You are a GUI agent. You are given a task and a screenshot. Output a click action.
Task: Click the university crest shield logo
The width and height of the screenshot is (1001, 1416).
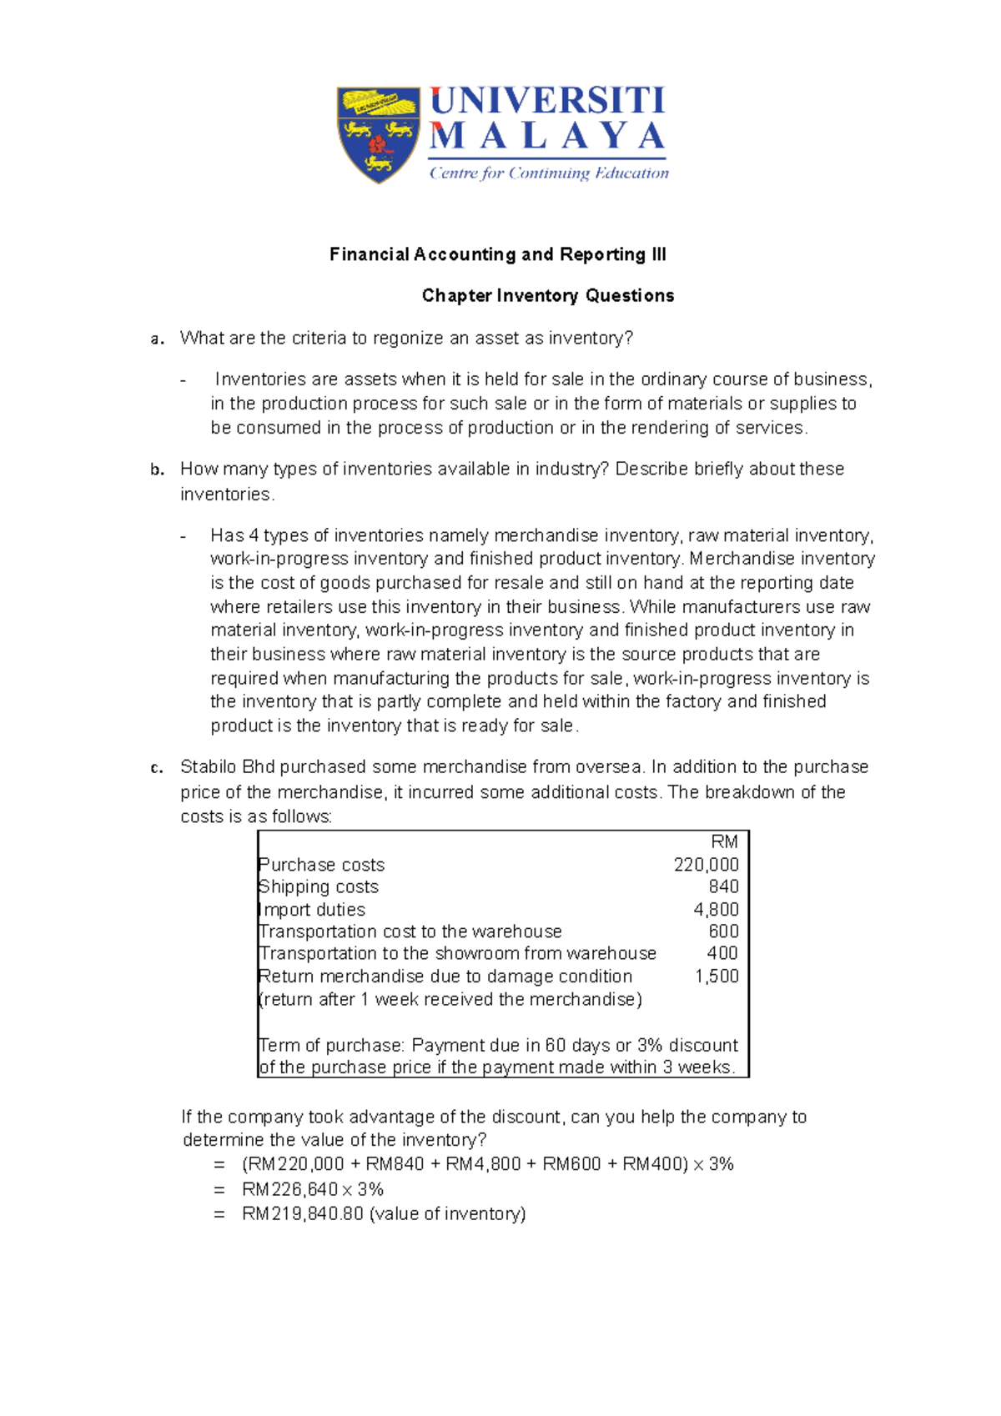point(378,133)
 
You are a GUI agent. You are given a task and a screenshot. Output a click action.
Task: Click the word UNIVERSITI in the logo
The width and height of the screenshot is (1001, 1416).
point(547,101)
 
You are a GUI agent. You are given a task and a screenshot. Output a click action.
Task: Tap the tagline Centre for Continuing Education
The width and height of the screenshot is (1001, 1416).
point(549,173)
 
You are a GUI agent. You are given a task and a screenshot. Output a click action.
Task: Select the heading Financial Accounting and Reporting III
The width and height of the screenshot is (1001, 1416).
point(497,254)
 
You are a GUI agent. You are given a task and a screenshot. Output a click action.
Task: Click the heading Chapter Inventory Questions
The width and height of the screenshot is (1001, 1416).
point(548,295)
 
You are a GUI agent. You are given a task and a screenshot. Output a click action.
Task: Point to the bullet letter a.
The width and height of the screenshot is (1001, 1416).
point(155,339)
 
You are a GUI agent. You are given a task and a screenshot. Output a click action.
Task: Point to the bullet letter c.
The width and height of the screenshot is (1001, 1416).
point(155,768)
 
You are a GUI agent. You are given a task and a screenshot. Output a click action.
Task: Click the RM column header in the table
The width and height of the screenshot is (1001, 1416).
point(724,842)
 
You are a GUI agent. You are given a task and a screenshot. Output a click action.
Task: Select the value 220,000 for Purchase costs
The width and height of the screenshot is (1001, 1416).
point(706,865)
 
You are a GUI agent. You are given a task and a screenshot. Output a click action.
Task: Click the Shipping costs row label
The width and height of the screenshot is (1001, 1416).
point(319,886)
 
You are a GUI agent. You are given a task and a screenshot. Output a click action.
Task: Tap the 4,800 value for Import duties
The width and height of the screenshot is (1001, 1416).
point(716,910)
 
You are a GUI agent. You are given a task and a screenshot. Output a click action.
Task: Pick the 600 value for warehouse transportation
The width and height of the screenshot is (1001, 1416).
point(723,931)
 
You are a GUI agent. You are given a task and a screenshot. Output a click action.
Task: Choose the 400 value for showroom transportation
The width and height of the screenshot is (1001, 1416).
point(722,953)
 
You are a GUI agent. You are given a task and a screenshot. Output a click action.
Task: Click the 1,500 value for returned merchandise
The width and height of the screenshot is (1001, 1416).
point(717,976)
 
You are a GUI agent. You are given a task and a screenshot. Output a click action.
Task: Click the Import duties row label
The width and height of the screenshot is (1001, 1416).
point(313,910)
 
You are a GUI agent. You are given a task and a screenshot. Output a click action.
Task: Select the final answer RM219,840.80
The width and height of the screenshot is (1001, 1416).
point(303,1214)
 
